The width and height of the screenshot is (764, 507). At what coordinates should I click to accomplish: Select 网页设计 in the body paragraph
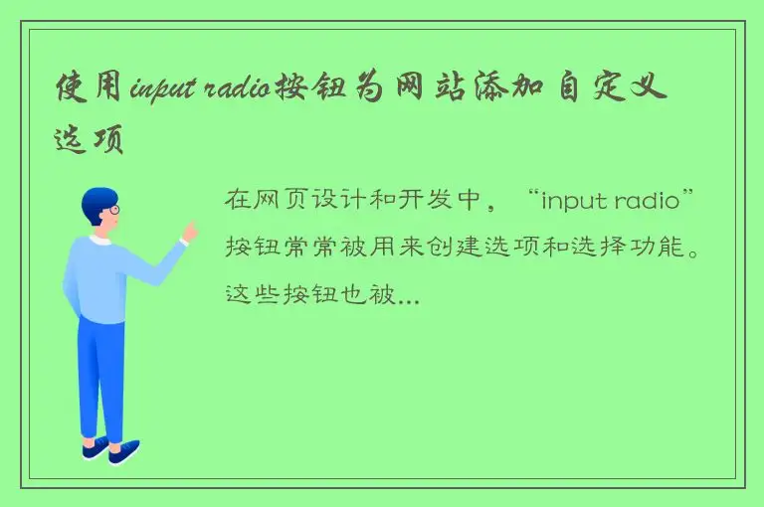(287, 202)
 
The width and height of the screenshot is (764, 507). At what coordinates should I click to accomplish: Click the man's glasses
(114, 211)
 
